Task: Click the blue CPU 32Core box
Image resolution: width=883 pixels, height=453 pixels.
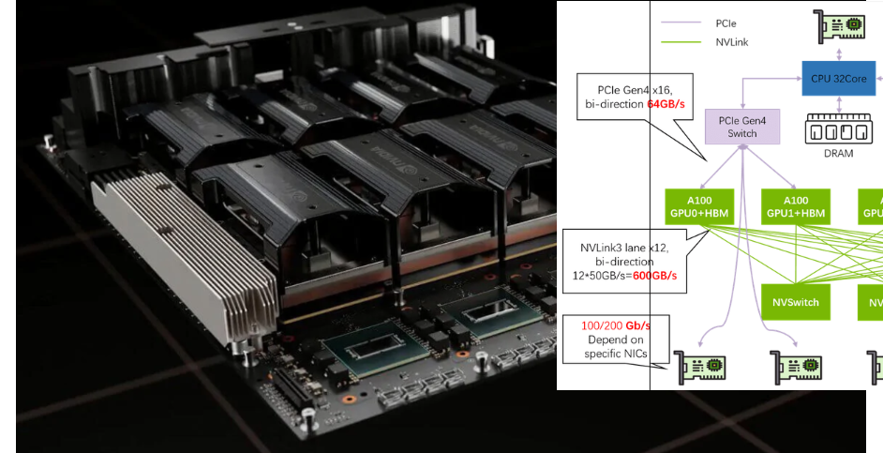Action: tap(838, 79)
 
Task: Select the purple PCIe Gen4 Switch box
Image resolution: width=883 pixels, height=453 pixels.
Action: tap(742, 127)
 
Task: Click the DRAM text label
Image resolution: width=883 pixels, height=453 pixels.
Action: tap(838, 153)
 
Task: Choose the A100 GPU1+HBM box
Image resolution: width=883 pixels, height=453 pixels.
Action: tap(796, 206)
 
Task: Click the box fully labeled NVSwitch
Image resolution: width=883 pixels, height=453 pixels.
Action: tap(796, 302)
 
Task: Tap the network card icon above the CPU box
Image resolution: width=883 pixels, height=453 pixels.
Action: tap(838, 26)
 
